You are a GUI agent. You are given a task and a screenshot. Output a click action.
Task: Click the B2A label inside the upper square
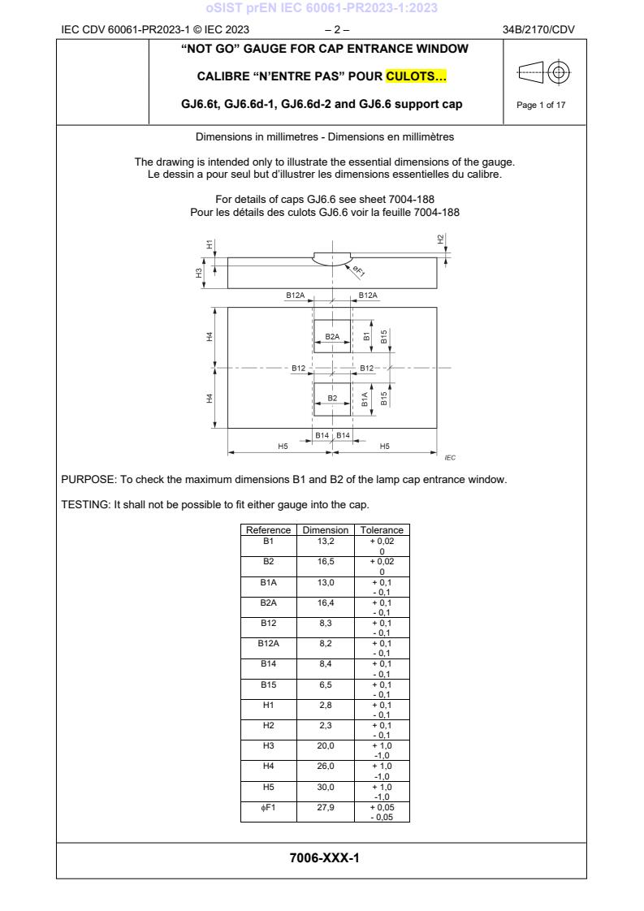pos(332,335)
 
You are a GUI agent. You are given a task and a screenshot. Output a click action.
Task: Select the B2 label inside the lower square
pos(332,398)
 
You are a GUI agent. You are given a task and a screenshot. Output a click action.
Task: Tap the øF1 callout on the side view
pos(358,270)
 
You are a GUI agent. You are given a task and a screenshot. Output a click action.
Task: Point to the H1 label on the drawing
pos(209,244)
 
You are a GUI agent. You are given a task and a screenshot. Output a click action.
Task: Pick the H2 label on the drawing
pos(441,239)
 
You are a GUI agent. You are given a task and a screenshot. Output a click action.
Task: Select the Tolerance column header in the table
pos(382,530)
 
